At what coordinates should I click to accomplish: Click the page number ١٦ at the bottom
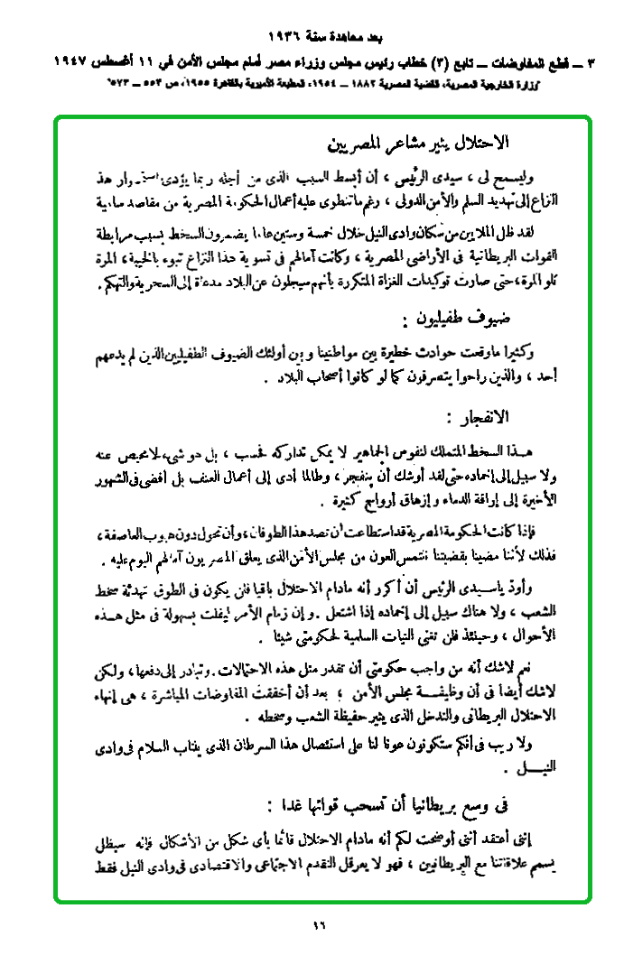coord(317,923)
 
